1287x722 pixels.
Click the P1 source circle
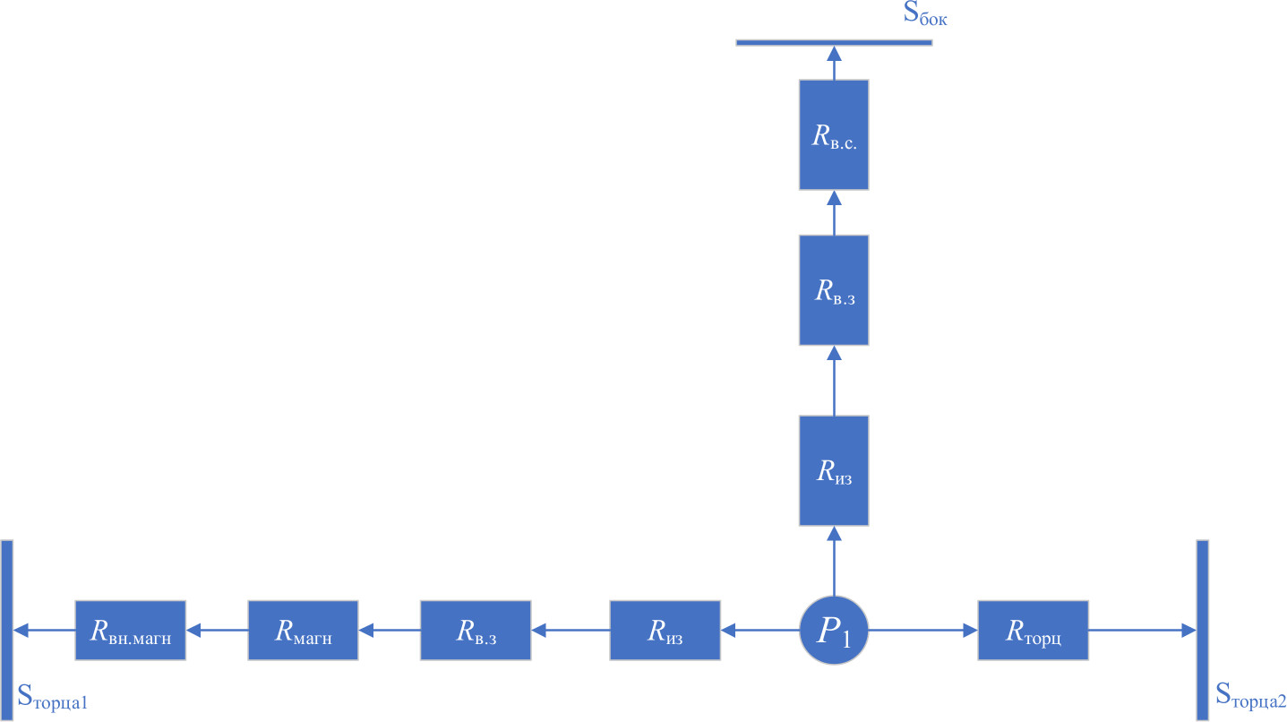(x=834, y=631)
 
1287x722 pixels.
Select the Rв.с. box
(x=834, y=134)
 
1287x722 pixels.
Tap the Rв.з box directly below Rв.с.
(x=834, y=290)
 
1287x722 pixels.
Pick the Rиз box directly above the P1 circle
(x=834, y=470)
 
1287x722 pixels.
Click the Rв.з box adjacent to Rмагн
(x=476, y=631)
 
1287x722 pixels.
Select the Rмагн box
(x=303, y=631)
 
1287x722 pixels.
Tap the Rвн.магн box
(x=130, y=631)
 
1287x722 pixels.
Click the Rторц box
(x=1033, y=631)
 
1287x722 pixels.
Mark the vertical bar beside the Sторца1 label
(x=7, y=631)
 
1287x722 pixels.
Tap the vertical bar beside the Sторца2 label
(x=1202, y=631)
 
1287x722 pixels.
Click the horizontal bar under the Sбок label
(x=834, y=42)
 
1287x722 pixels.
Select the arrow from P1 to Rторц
(x=923, y=631)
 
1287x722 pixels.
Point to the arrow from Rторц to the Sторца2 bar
(x=1142, y=631)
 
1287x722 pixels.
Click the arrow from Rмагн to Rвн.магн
(x=216, y=631)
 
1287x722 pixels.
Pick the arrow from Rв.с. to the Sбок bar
(x=834, y=63)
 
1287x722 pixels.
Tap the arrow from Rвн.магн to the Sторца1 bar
(x=44, y=631)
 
